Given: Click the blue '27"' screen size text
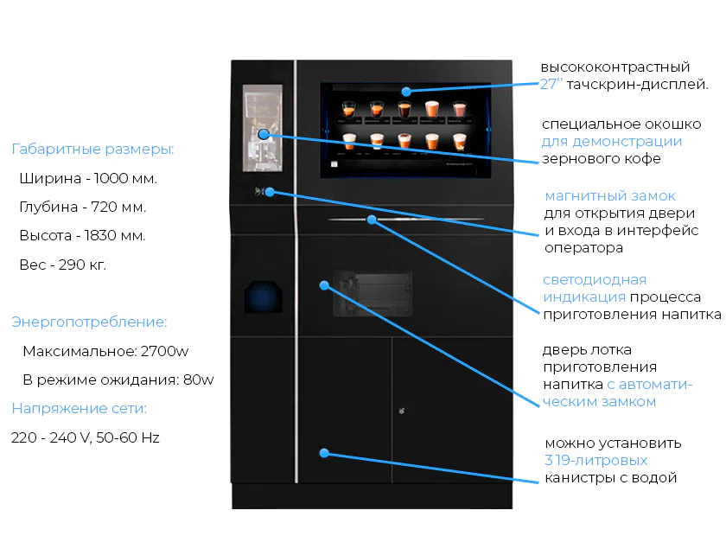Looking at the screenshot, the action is [x=551, y=84].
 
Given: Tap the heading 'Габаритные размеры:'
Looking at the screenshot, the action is [x=92, y=150].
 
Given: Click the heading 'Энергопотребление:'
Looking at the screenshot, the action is [x=89, y=322].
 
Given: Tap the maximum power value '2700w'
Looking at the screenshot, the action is [x=164, y=351].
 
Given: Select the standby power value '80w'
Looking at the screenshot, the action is [x=199, y=380].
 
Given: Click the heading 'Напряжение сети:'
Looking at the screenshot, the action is [x=80, y=408].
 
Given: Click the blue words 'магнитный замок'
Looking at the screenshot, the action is [x=610, y=196].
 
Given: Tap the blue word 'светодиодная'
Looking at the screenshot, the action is [x=595, y=280].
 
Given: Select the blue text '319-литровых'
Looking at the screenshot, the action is [x=595, y=460].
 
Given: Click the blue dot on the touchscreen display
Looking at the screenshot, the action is [x=406, y=92].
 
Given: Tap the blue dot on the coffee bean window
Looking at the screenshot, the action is [x=264, y=134].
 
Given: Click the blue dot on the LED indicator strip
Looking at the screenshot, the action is [x=372, y=220].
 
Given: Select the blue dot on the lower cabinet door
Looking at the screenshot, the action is [x=324, y=453].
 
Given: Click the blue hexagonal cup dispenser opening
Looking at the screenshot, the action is [x=263, y=297].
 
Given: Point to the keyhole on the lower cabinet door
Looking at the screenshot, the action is [x=401, y=411].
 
